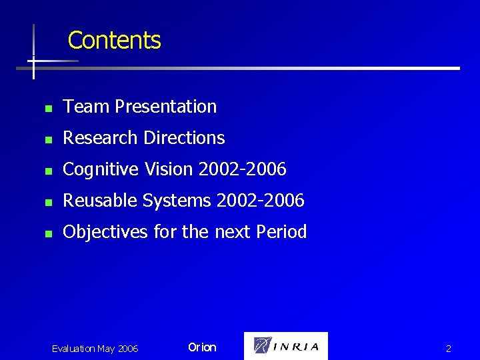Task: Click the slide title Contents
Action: click(114, 40)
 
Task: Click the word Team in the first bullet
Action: click(87, 107)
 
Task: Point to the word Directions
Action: click(184, 138)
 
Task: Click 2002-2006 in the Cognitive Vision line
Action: click(243, 169)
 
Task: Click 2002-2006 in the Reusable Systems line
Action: click(260, 201)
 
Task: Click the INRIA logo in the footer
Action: click(286, 346)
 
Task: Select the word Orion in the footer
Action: click(202, 347)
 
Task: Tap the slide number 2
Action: click(449, 349)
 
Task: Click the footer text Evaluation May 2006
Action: click(95, 349)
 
